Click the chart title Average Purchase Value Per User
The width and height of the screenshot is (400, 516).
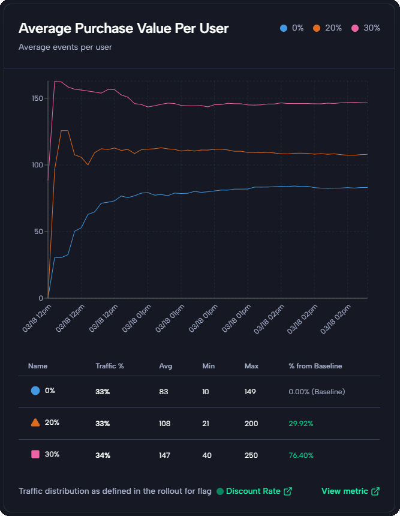(124, 28)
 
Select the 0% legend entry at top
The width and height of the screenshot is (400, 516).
(292, 28)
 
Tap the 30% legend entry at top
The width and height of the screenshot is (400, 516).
(366, 28)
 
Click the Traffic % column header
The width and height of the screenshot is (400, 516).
(109, 365)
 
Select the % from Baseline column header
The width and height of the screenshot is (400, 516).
(315, 365)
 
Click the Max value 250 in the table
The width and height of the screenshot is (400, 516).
(251, 455)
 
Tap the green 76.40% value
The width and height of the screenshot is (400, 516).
(301, 455)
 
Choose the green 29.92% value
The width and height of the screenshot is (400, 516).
(301, 423)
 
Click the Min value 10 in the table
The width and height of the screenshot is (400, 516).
(206, 391)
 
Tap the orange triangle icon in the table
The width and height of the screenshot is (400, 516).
(35, 422)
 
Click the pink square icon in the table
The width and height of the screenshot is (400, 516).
(35, 455)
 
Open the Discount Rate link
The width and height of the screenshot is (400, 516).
(254, 491)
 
